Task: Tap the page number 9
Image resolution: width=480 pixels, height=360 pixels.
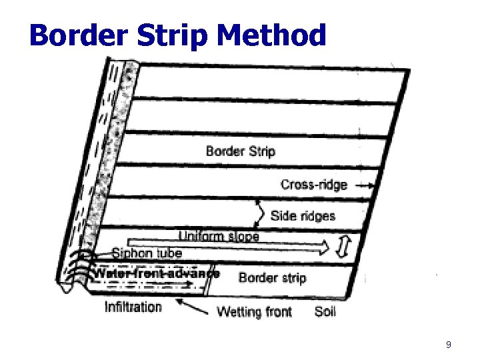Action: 448,345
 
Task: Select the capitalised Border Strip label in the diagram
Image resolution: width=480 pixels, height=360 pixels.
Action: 241,151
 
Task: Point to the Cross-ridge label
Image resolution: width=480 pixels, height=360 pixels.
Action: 314,185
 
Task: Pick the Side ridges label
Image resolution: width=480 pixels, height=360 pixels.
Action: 303,215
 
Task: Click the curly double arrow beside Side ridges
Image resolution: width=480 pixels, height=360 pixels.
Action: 261,214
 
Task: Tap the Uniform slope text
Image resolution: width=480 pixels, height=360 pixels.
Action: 219,235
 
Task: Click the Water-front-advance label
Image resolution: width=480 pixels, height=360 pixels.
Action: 156,273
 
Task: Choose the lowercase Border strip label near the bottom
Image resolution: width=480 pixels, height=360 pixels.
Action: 272,277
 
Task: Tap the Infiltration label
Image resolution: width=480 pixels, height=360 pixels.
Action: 133,307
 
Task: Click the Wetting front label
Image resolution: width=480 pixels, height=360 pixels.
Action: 255,311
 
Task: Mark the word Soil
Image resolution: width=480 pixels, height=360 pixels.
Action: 325,311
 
